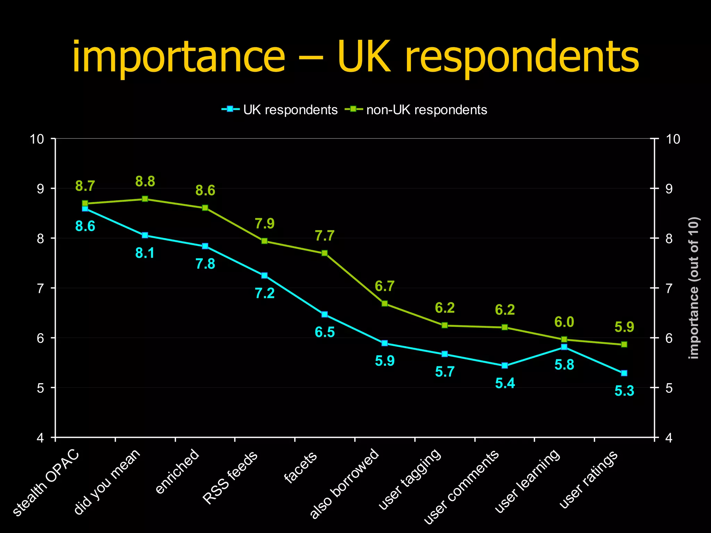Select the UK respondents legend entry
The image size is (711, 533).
(280, 110)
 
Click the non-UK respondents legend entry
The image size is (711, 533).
(417, 110)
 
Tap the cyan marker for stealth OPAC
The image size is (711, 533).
(85, 209)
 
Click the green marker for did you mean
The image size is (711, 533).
(145, 199)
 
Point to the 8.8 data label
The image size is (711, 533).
(145, 181)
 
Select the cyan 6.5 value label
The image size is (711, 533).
(325, 332)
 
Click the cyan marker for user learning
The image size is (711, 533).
(564, 347)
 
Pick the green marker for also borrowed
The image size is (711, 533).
(385, 303)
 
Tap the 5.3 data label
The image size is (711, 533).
(624, 391)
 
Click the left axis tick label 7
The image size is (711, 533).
(41, 288)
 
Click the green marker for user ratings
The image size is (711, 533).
(624, 344)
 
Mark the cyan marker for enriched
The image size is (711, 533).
(205, 246)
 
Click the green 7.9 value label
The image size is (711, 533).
(265, 224)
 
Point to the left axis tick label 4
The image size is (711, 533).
(41, 438)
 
